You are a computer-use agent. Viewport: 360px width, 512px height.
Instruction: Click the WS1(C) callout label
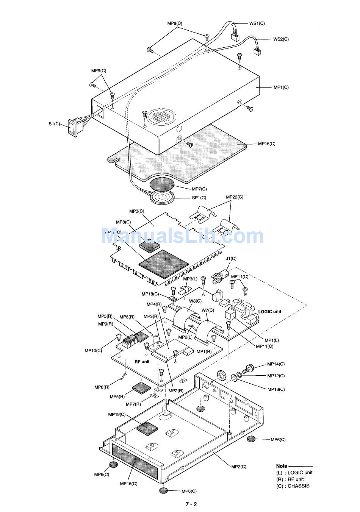pos(257,23)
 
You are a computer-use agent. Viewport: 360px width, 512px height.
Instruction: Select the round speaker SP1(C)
pos(162,197)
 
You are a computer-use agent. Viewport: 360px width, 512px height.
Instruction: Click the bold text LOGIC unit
pos(269,312)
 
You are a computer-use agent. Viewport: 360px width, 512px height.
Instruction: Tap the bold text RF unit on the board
pos(142,362)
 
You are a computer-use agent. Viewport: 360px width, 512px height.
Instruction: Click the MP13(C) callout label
pos(276,389)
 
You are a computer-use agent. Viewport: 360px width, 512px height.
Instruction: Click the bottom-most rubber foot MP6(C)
pos(164,490)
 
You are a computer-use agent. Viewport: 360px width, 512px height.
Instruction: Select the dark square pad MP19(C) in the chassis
pos(147,428)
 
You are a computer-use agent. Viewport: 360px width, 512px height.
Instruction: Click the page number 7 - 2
pos(191,504)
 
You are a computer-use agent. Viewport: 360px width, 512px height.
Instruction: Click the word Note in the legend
pos(282,466)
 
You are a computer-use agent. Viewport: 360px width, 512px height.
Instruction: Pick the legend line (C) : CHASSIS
pos(293,486)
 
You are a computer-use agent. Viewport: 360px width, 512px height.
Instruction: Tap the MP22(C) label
pos(235,197)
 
